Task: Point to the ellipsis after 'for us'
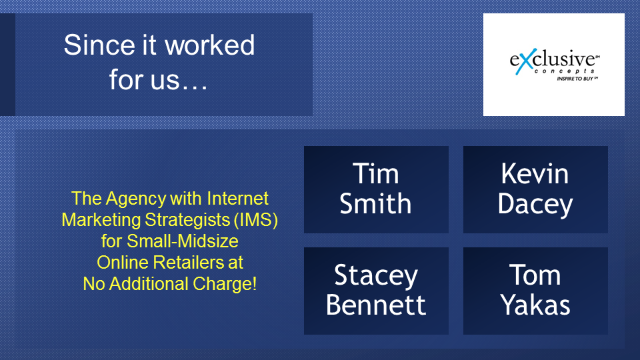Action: coord(194,86)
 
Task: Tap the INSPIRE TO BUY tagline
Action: coord(575,79)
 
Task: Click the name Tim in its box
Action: coord(375,173)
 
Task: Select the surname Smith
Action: coord(375,204)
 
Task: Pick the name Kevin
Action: coord(535,173)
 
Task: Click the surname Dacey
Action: coord(535,205)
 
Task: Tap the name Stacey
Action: coord(376,275)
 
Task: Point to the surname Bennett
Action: coord(376,305)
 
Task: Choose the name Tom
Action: coord(535,275)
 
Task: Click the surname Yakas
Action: coord(535,305)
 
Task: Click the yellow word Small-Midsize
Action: coord(183,241)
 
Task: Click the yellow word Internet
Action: coord(237,199)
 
